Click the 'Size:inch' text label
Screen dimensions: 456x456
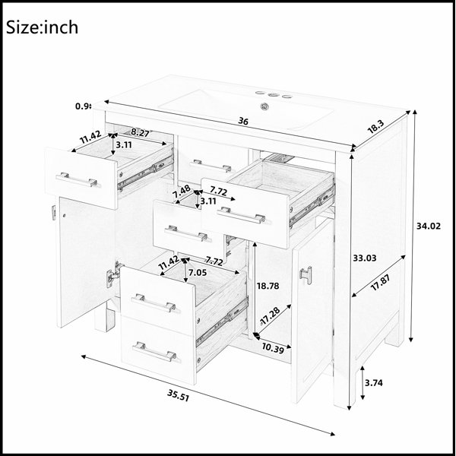42,27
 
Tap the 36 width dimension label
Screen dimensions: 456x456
243,121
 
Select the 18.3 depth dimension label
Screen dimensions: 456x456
375,127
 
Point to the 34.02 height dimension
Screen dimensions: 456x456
429,226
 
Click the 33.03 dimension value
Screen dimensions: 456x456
365,258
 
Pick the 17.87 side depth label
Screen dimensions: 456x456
381,283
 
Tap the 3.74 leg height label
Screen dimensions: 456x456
374,383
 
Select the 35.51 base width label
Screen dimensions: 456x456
178,395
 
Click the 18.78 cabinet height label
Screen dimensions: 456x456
268,287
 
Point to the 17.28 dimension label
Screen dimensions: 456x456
270,315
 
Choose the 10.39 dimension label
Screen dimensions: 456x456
273,348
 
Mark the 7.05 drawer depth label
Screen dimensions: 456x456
198,273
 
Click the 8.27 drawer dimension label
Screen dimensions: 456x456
140,133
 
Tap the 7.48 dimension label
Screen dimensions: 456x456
182,192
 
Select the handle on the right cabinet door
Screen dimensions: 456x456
306,274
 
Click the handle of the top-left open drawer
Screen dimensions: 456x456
77,179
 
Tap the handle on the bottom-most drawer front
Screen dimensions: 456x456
154,351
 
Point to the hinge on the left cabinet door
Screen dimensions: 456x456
112,274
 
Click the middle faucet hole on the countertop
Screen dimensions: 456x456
273,94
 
